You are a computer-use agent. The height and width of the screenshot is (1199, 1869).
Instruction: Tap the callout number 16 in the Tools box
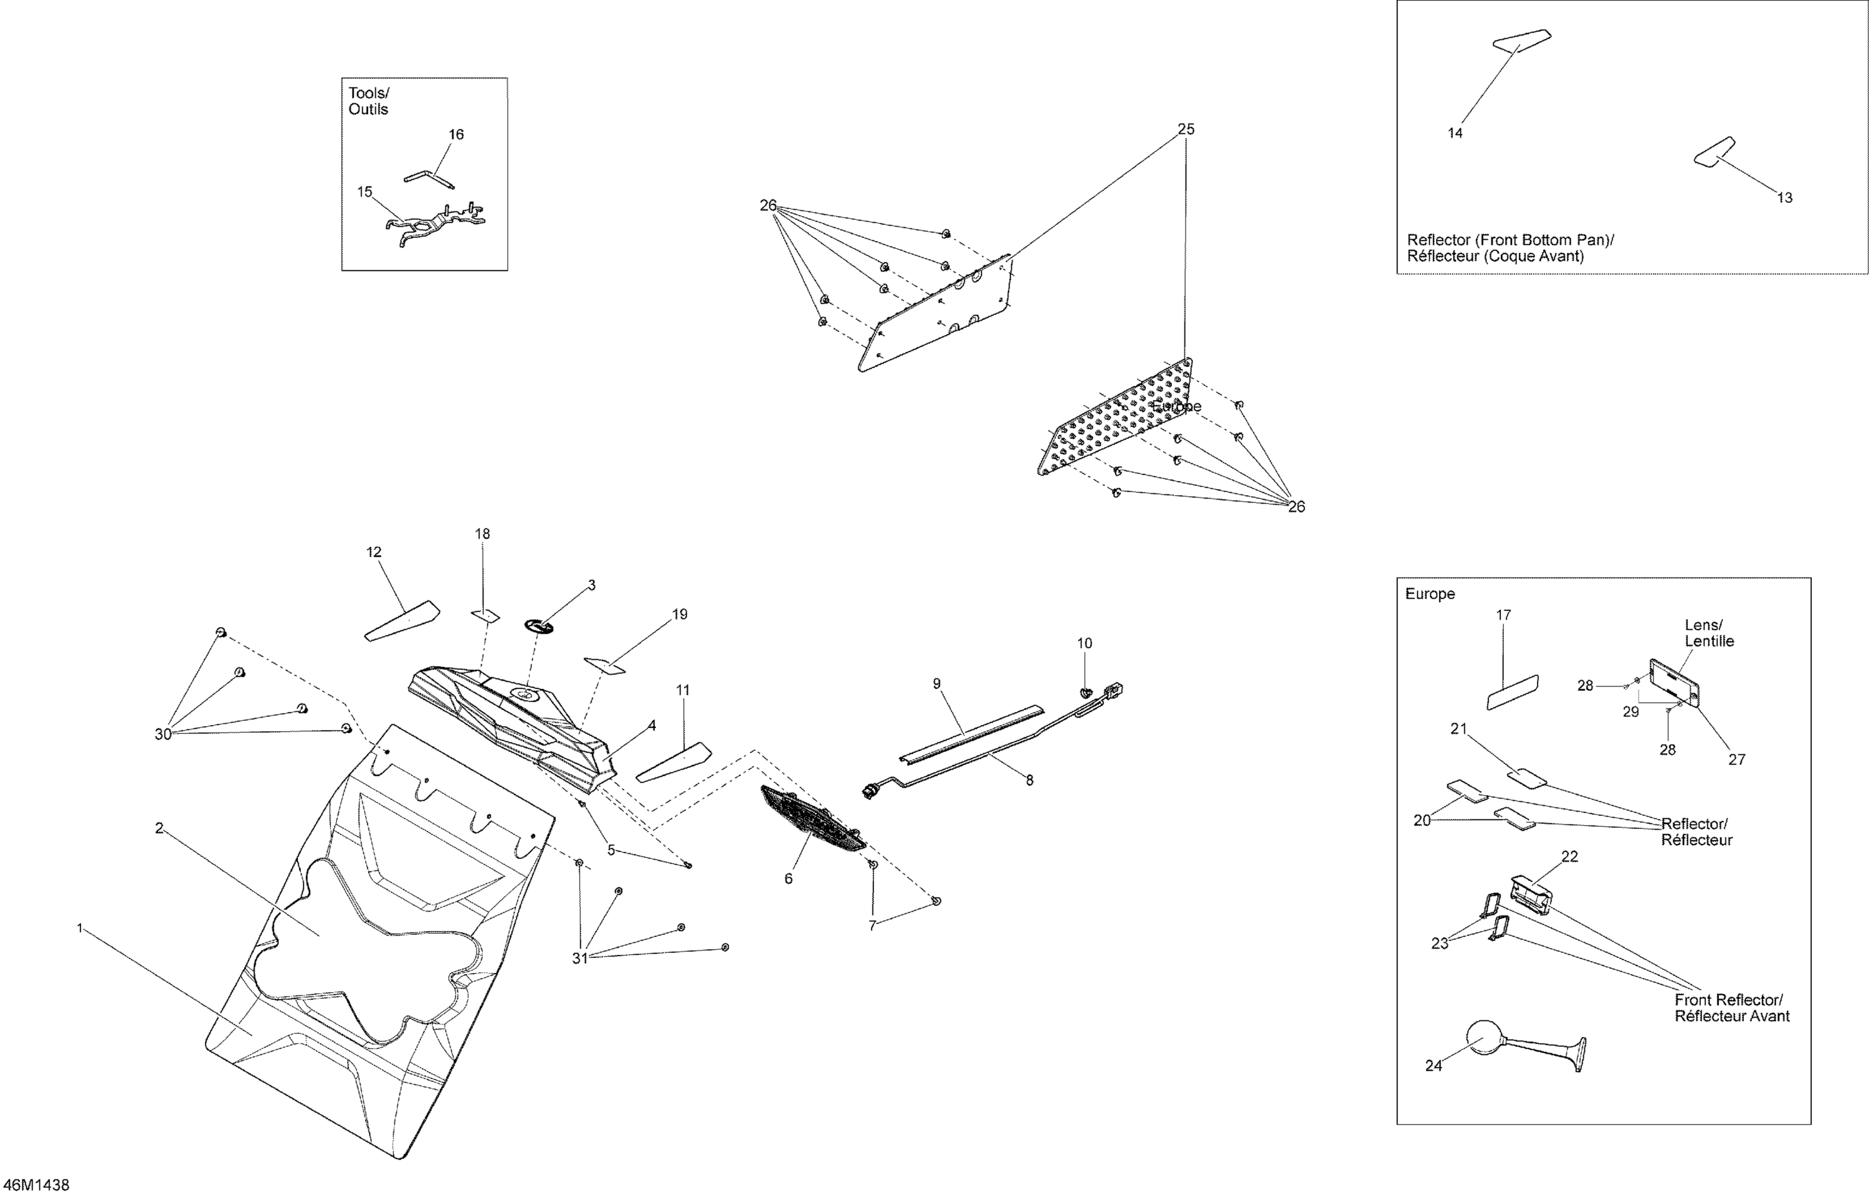point(456,135)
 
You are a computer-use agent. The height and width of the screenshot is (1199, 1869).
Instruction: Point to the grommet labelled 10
point(1084,692)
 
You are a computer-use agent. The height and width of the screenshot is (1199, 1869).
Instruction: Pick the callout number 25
point(1185,130)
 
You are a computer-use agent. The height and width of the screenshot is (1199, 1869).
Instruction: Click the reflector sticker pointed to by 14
point(1521,39)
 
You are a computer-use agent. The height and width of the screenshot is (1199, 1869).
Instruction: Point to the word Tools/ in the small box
point(368,93)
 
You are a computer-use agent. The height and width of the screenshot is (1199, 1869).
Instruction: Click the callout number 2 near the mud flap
point(159,828)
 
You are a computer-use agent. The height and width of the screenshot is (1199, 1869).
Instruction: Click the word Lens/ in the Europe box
point(1704,625)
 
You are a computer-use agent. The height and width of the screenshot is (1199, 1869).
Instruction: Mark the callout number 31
point(580,959)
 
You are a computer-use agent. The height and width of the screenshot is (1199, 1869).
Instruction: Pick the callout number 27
point(1738,759)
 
